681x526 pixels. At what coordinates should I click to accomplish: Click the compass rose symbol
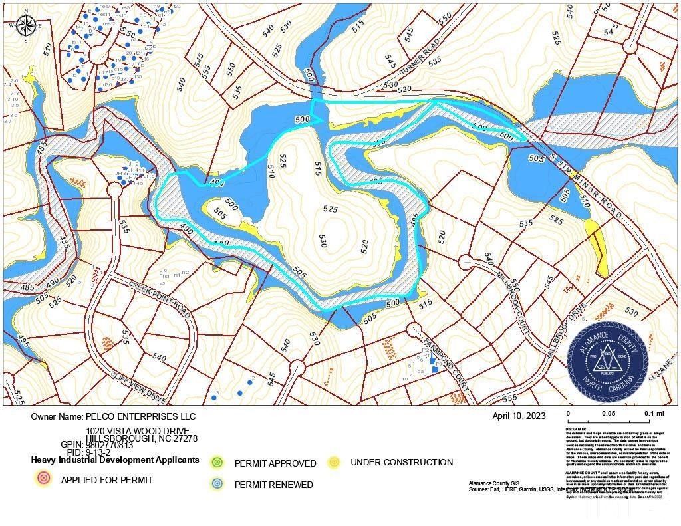pyautogui.click(x=26, y=25)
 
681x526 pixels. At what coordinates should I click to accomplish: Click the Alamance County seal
pyautogui.click(x=607, y=362)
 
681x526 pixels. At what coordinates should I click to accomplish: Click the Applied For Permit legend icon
pyautogui.click(x=44, y=479)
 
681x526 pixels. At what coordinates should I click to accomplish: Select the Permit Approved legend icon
pyautogui.click(x=217, y=463)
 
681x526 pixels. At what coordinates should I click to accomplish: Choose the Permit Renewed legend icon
pyautogui.click(x=217, y=484)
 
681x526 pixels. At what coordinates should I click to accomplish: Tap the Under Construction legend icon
pyautogui.click(x=334, y=462)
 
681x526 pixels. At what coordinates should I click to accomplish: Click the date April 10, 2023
pyautogui.click(x=519, y=416)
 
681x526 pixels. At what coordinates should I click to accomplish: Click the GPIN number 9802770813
pyautogui.click(x=106, y=445)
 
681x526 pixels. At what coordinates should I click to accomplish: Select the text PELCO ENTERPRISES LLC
pyautogui.click(x=141, y=416)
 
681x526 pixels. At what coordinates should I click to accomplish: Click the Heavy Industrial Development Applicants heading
pyautogui.click(x=115, y=460)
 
